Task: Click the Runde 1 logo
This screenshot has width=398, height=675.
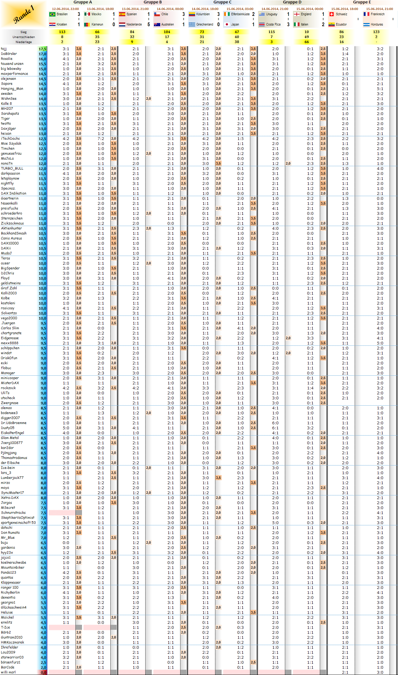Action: [x=23, y=14]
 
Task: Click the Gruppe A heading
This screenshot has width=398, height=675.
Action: [x=83, y=2]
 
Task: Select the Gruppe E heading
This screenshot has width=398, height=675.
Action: [x=362, y=2]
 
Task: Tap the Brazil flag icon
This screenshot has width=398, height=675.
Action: [x=52, y=14]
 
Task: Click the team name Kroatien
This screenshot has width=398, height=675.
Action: [x=62, y=24]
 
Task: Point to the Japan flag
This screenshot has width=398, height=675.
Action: [x=227, y=24]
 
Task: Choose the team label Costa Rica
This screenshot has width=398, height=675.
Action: [x=273, y=24]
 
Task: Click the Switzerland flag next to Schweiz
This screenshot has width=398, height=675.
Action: [x=332, y=14]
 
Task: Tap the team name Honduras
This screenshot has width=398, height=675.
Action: [x=377, y=24]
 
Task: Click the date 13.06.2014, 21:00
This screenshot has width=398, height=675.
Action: [x=135, y=9]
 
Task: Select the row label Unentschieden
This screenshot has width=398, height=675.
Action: [x=24, y=37]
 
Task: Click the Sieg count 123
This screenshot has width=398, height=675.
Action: [x=376, y=32]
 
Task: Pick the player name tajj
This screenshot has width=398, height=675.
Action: [x=4, y=49]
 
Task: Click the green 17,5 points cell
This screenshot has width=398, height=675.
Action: [x=42, y=49]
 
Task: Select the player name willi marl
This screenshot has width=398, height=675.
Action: [x=8, y=672]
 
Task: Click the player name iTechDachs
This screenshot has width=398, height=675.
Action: [x=10, y=138]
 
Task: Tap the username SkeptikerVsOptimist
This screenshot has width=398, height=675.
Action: [x=18, y=518]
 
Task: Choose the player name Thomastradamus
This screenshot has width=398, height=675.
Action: [x=14, y=458]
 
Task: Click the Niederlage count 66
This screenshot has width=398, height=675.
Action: [x=307, y=42]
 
